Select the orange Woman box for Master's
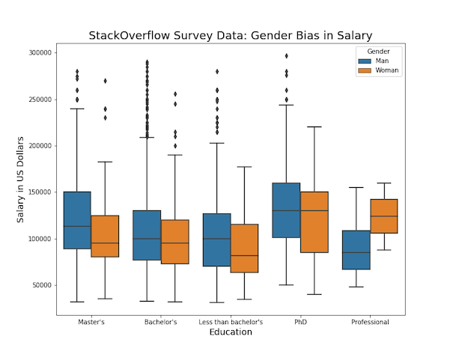[x=106, y=237]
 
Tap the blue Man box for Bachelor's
[x=147, y=235]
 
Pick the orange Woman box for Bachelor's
[x=175, y=242]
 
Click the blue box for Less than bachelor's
[x=216, y=240]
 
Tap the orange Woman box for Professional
[x=384, y=216]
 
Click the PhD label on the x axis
[x=300, y=323]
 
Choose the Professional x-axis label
[x=370, y=323]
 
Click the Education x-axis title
[x=231, y=332]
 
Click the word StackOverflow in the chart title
[x=127, y=35]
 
